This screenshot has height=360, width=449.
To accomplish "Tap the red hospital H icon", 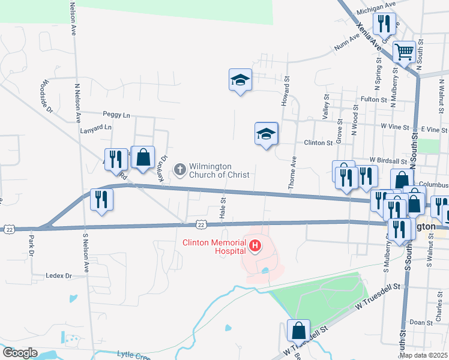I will point(256,245).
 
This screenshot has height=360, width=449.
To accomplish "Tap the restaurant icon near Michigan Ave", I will point(383,23).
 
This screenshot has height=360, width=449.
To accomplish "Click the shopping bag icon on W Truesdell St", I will point(298,330).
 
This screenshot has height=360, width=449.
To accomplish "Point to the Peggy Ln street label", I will point(116,114).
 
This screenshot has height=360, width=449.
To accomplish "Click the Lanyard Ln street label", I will point(96,128).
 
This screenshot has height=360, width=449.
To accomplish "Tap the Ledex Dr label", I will point(59,276).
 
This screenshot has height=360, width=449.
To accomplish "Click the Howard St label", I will point(286,91).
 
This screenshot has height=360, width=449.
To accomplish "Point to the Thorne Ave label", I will point(294,173).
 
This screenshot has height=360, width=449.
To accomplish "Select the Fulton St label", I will point(372,99).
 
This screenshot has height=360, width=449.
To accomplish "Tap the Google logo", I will point(20,353).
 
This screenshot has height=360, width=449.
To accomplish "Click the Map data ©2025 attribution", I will point(423,355).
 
